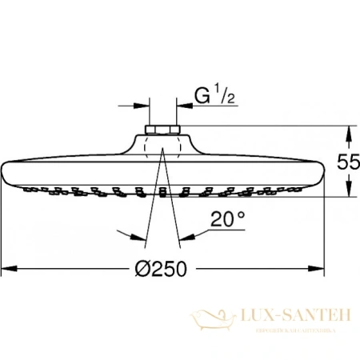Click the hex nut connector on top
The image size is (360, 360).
point(161,130)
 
